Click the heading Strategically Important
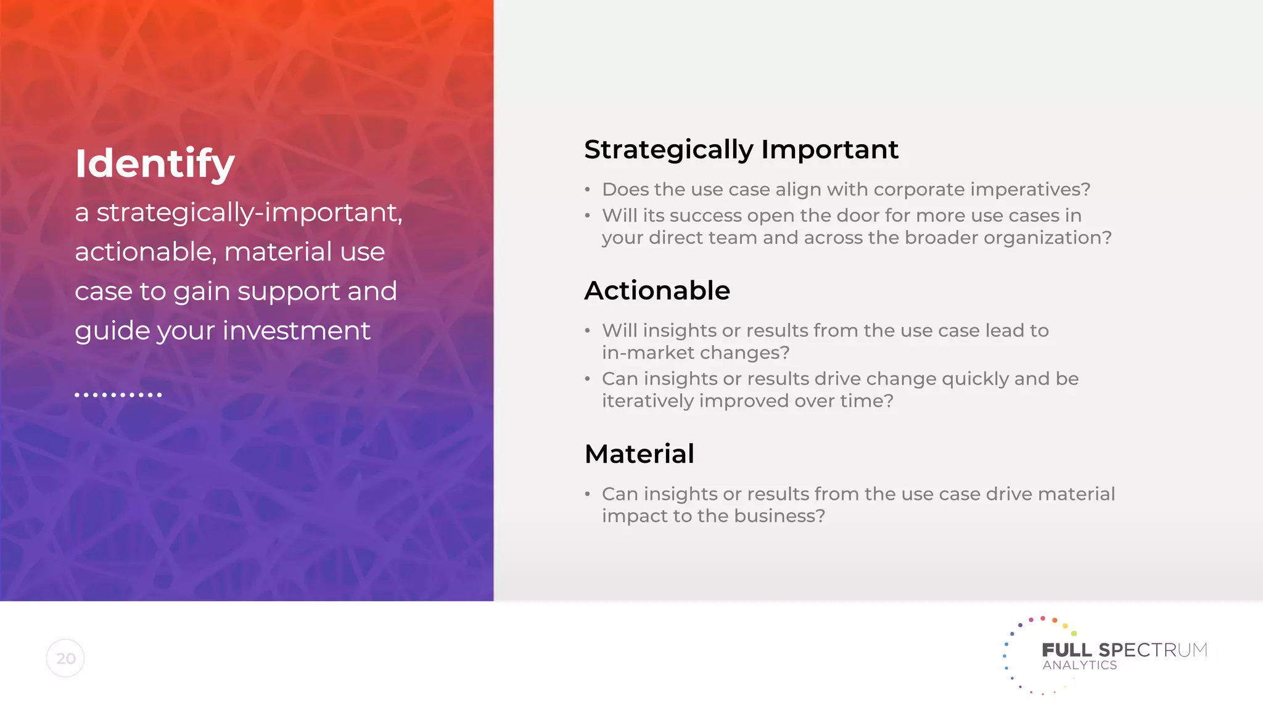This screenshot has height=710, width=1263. point(741,150)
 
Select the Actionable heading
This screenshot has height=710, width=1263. point(657,290)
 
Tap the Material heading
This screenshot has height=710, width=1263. point(639,454)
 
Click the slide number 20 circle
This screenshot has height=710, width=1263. point(65,658)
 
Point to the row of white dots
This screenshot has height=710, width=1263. point(118,394)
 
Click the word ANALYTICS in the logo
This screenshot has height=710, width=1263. point(1079,666)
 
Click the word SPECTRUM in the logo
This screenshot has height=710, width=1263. point(1153,650)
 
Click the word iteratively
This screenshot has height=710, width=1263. point(648,401)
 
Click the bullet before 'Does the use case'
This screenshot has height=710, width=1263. point(588,190)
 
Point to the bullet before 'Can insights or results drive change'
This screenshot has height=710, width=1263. point(588,379)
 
